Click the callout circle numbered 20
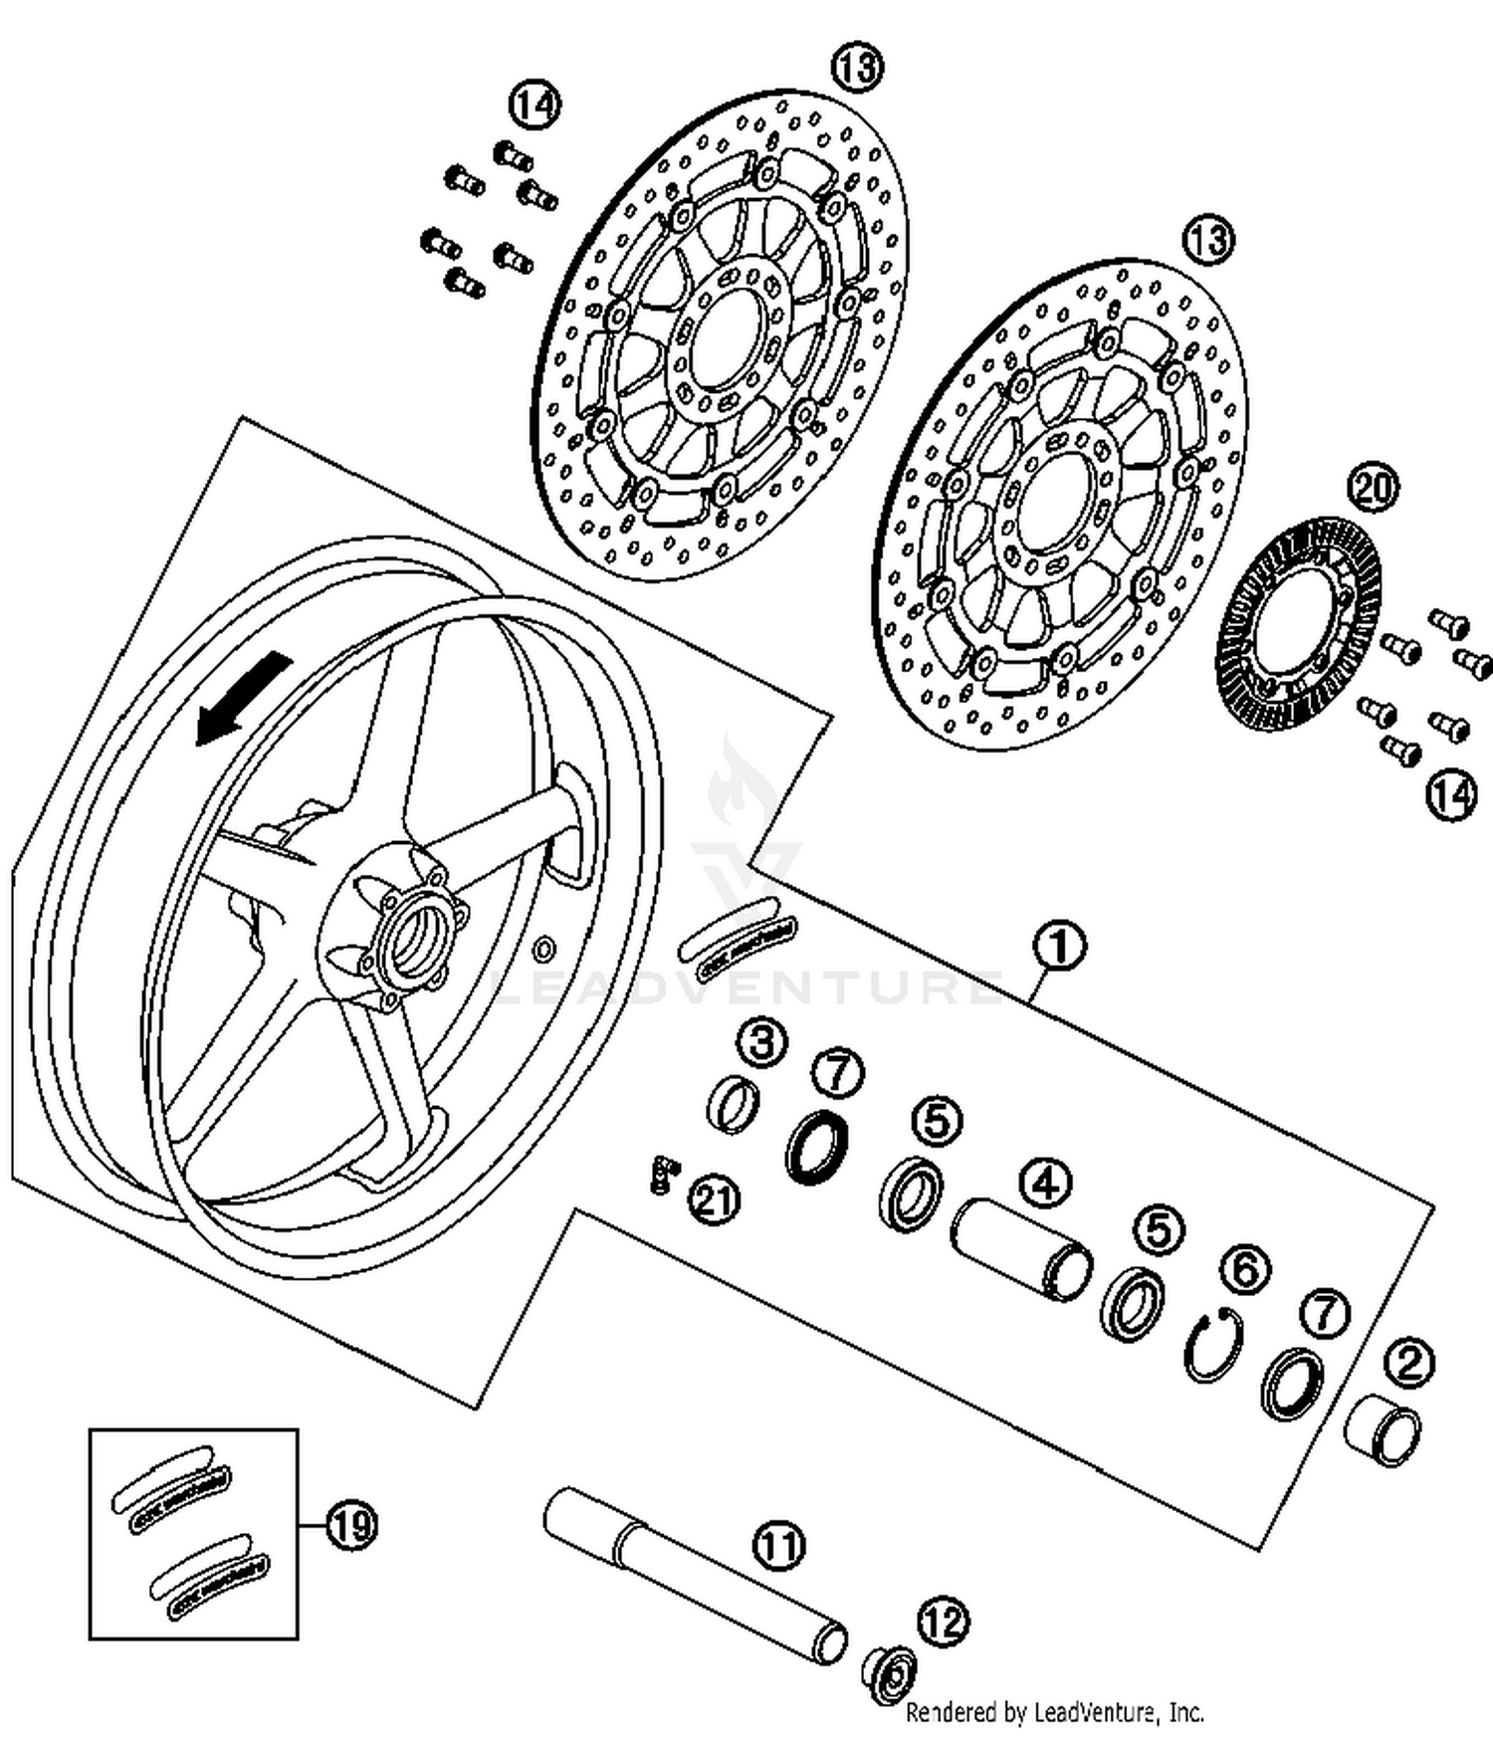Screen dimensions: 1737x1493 tap(1373, 488)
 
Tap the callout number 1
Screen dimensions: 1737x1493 tap(1059, 947)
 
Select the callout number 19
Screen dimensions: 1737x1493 tap(351, 1524)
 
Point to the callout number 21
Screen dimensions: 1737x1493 tap(716, 1199)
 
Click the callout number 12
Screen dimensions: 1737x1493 tap(942, 1623)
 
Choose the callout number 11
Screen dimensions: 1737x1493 tap(779, 1546)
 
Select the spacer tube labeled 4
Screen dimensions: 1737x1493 tap(1021, 1248)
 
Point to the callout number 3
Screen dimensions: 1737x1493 tap(761, 1044)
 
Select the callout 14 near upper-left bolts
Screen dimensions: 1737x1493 tap(534, 105)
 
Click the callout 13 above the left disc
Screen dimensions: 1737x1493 tap(857, 68)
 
